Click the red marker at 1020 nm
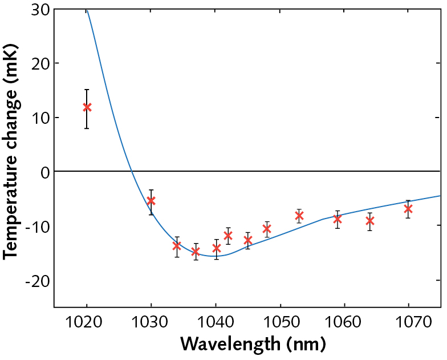(87, 107)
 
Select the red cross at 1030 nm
(151, 201)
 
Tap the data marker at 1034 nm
(177, 245)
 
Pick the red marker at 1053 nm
(299, 216)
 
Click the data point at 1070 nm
(408, 209)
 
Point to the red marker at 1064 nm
(370, 221)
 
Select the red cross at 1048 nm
(267, 229)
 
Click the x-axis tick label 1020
(86, 321)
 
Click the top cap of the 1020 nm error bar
(87, 90)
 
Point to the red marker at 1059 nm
(338, 219)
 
